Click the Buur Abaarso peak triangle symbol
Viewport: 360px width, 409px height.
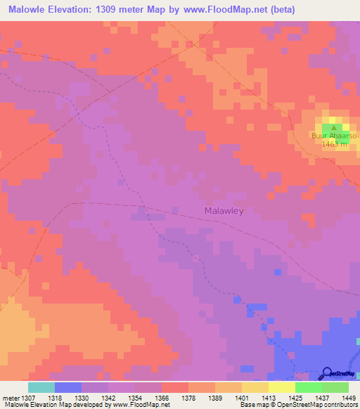(x=334, y=128)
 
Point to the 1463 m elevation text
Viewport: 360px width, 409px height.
(x=335, y=144)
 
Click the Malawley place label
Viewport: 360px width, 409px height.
(x=224, y=211)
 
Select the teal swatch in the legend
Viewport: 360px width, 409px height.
(x=41, y=387)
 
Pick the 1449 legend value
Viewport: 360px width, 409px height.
(x=347, y=398)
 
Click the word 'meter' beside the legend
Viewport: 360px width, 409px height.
(x=8, y=398)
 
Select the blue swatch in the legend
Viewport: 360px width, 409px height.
(x=67, y=387)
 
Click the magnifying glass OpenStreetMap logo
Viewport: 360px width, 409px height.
(x=326, y=373)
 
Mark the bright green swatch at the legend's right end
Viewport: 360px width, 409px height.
(x=335, y=387)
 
